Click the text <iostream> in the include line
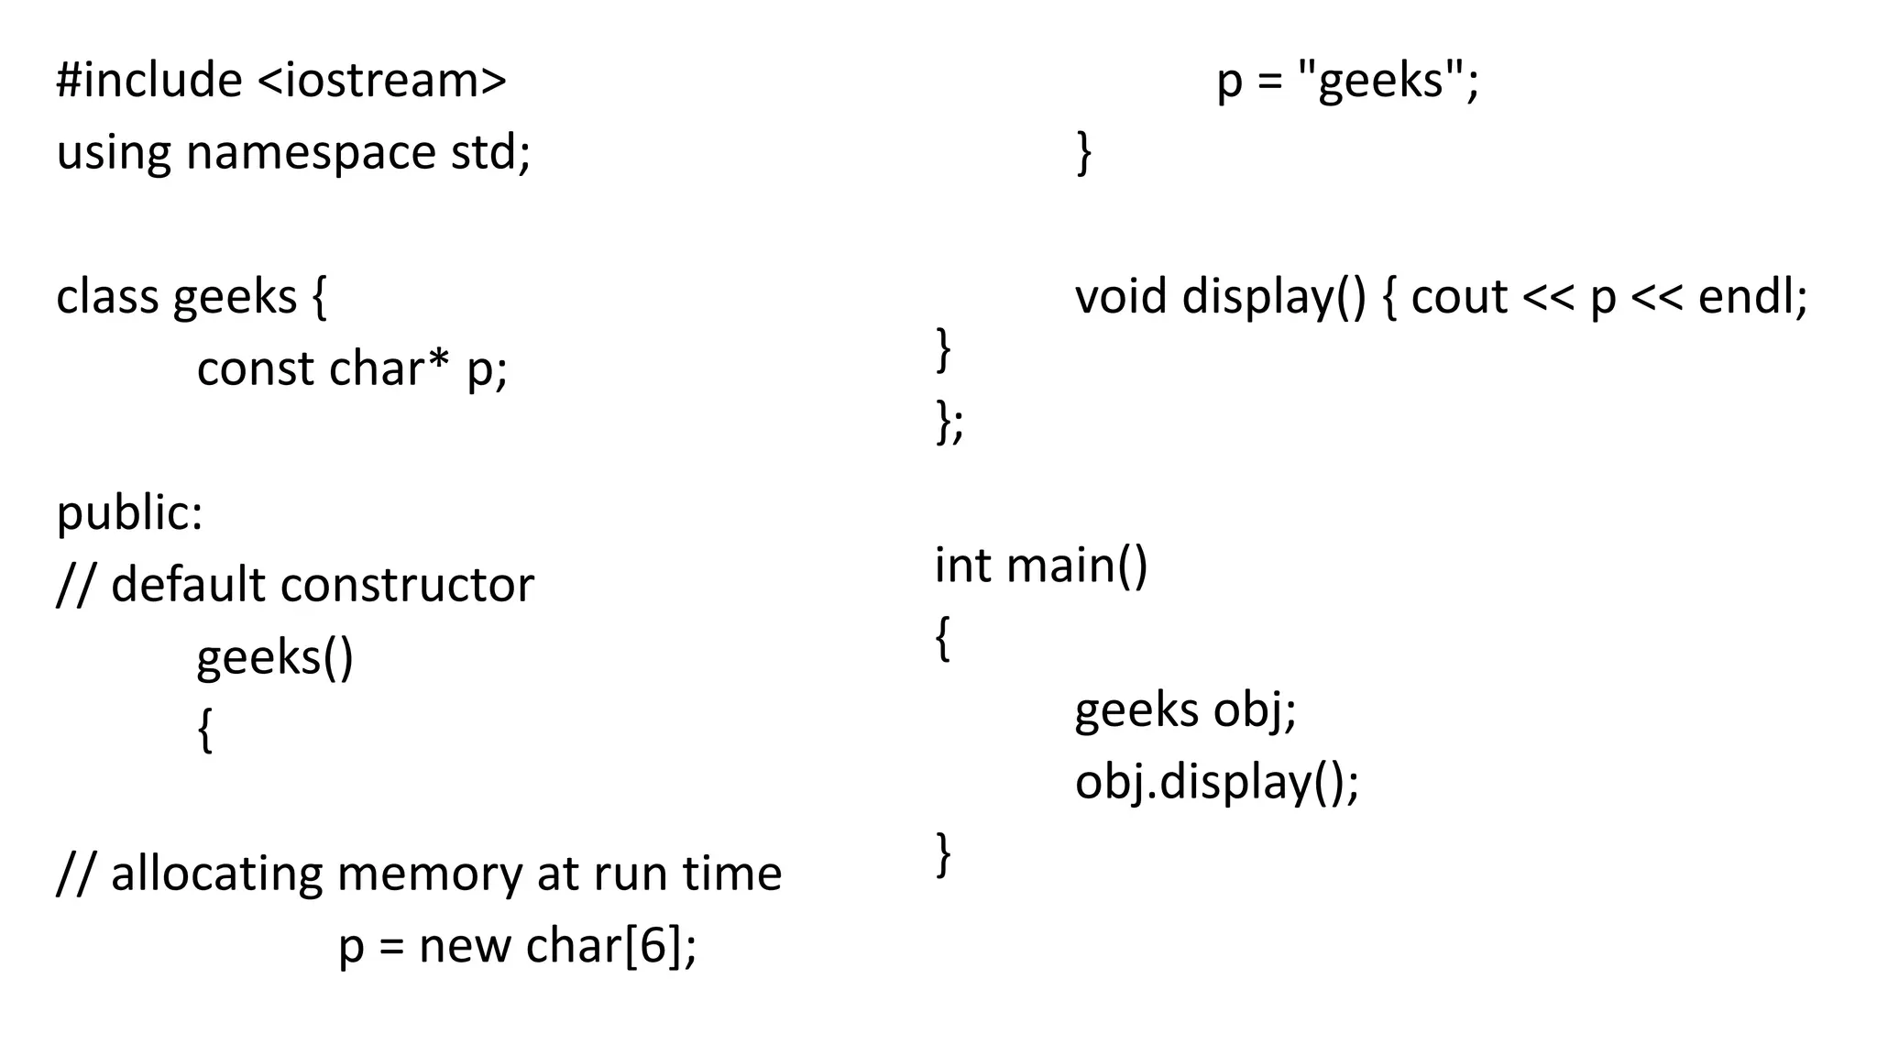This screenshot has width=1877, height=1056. click(381, 81)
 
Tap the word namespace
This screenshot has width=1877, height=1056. click(311, 153)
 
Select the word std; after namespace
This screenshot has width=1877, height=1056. click(490, 153)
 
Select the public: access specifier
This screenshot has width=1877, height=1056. click(129, 513)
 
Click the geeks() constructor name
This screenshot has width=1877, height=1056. click(275, 658)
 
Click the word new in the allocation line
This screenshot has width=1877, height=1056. click(465, 946)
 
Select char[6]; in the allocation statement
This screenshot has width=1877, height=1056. click(611, 946)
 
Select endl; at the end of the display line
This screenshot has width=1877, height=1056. click(1752, 297)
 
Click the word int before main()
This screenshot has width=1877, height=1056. click(961, 565)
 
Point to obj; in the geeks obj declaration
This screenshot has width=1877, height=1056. click(1255, 710)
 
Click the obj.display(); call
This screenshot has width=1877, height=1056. click(1217, 783)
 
